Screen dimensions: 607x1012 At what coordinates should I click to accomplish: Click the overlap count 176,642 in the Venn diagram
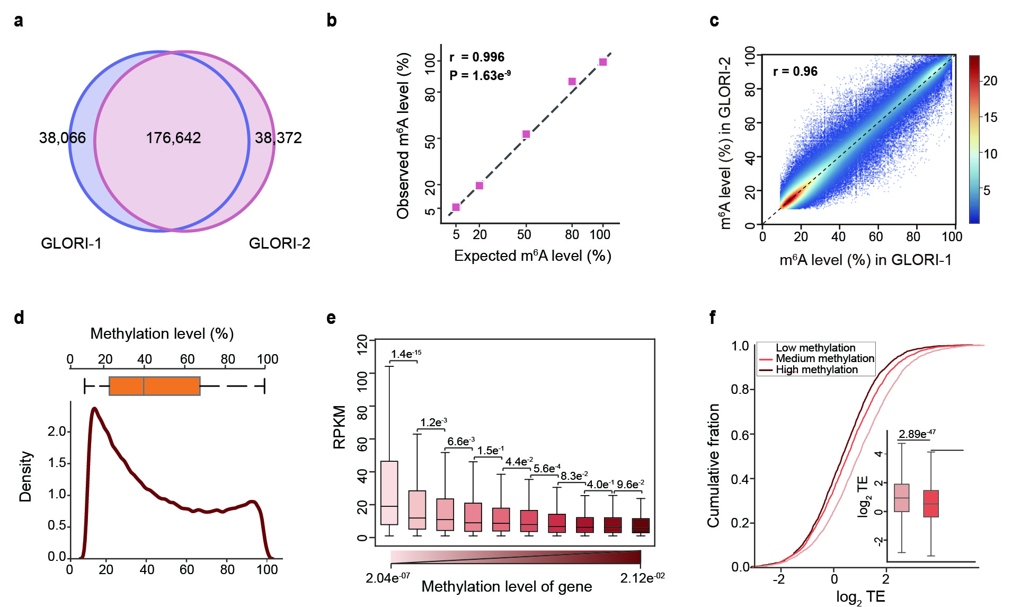(173, 138)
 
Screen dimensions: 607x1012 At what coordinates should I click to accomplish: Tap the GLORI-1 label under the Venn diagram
(71, 243)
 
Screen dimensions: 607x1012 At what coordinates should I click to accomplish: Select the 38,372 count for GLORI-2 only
(278, 138)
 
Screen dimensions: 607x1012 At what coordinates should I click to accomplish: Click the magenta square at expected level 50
(526, 134)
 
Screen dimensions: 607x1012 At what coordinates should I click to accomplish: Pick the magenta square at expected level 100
(603, 62)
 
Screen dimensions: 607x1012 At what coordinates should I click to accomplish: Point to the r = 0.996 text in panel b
(477, 57)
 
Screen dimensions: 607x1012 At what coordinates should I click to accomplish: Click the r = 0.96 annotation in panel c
(795, 72)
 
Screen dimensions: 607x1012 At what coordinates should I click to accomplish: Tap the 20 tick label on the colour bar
(990, 81)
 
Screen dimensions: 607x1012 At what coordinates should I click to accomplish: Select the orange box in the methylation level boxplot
(154, 386)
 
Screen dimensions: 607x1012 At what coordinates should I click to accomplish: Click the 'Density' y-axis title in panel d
(25, 477)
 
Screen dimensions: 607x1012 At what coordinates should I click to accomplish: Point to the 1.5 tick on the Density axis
(57, 463)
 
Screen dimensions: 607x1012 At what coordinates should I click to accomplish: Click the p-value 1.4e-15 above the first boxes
(406, 354)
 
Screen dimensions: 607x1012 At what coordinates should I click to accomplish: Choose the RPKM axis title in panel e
(340, 427)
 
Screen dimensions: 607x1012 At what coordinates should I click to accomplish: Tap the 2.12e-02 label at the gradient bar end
(642, 578)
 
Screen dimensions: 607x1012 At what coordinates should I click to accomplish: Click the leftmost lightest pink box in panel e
(389, 493)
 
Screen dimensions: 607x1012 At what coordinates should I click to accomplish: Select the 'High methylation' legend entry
(816, 370)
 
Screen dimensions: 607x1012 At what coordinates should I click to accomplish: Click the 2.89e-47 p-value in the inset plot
(917, 434)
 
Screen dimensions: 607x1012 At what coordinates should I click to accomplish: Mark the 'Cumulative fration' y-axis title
(714, 465)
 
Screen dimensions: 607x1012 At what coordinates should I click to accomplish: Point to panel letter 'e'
(331, 318)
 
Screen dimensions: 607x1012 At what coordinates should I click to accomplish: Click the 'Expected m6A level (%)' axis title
(532, 256)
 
